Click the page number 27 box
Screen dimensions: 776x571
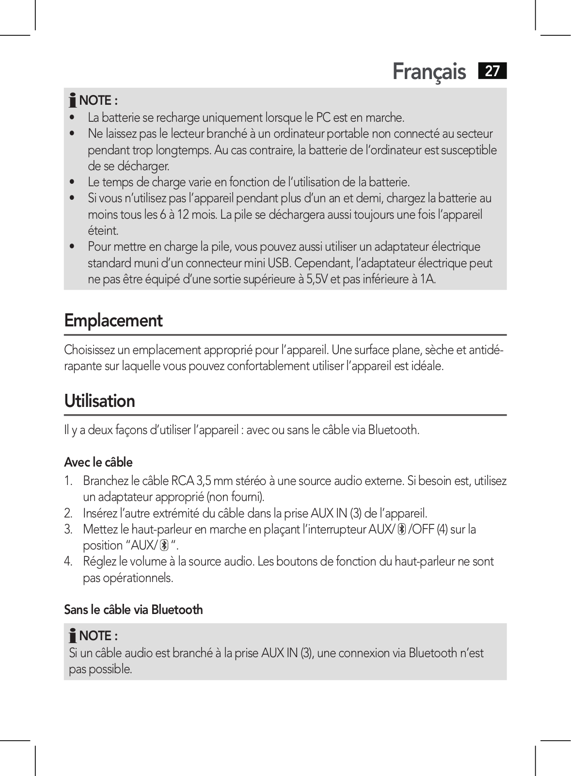[x=492, y=71]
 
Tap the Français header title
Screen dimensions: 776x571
[x=429, y=72]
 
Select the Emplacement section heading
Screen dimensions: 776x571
[x=113, y=321]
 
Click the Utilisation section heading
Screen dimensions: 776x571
[x=100, y=401]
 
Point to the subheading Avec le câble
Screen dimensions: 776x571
[x=98, y=462]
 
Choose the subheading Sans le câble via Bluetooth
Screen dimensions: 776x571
[x=133, y=610]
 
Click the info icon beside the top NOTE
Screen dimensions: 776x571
[x=73, y=100]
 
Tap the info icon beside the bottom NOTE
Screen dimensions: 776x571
[x=73, y=636]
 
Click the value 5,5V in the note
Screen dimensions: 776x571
[x=317, y=279]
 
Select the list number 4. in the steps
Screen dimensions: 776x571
[x=68, y=562]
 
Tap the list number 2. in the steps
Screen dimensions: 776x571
[x=68, y=513]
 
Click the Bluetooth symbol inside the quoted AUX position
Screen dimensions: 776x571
[x=164, y=546]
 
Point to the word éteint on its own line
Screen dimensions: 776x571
[x=103, y=231]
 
